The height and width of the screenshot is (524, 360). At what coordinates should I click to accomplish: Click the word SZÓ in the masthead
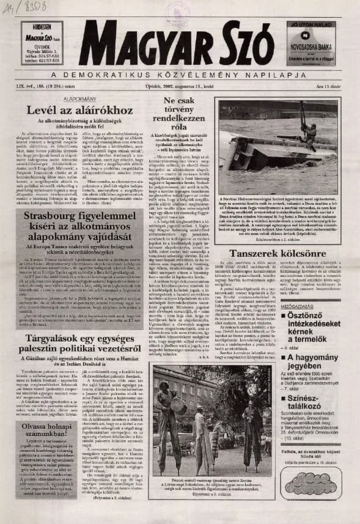point(241,46)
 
